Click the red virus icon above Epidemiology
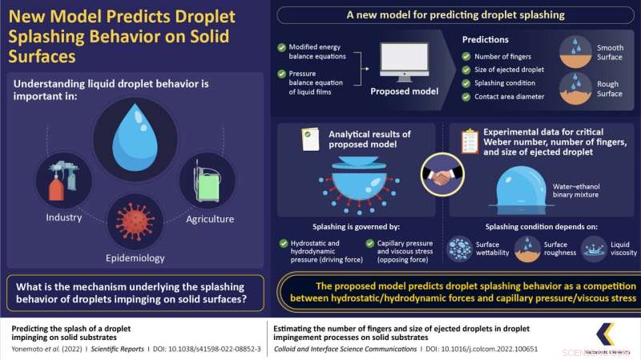[135, 219]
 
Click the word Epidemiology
[135, 258]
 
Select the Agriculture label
[209, 218]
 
